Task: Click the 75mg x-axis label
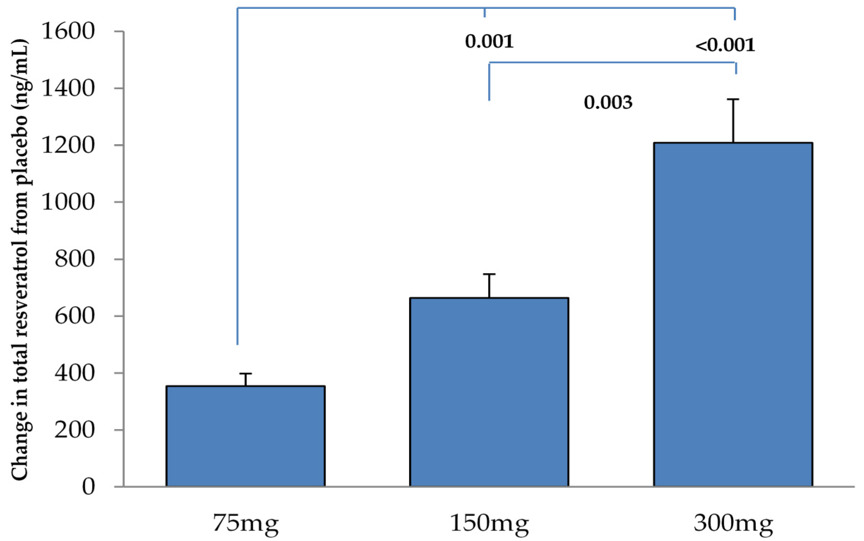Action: coord(246,523)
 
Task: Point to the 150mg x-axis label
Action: coord(489,523)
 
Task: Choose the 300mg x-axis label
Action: coord(733,523)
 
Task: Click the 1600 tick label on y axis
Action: coord(68,31)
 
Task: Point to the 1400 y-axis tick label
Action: coord(68,88)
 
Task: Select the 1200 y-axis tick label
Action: coord(68,145)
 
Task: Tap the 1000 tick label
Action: coord(68,202)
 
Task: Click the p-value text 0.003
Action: coord(608,102)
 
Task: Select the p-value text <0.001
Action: coord(725,45)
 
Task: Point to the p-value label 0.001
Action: coord(489,41)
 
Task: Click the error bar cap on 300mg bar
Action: coord(733,99)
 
